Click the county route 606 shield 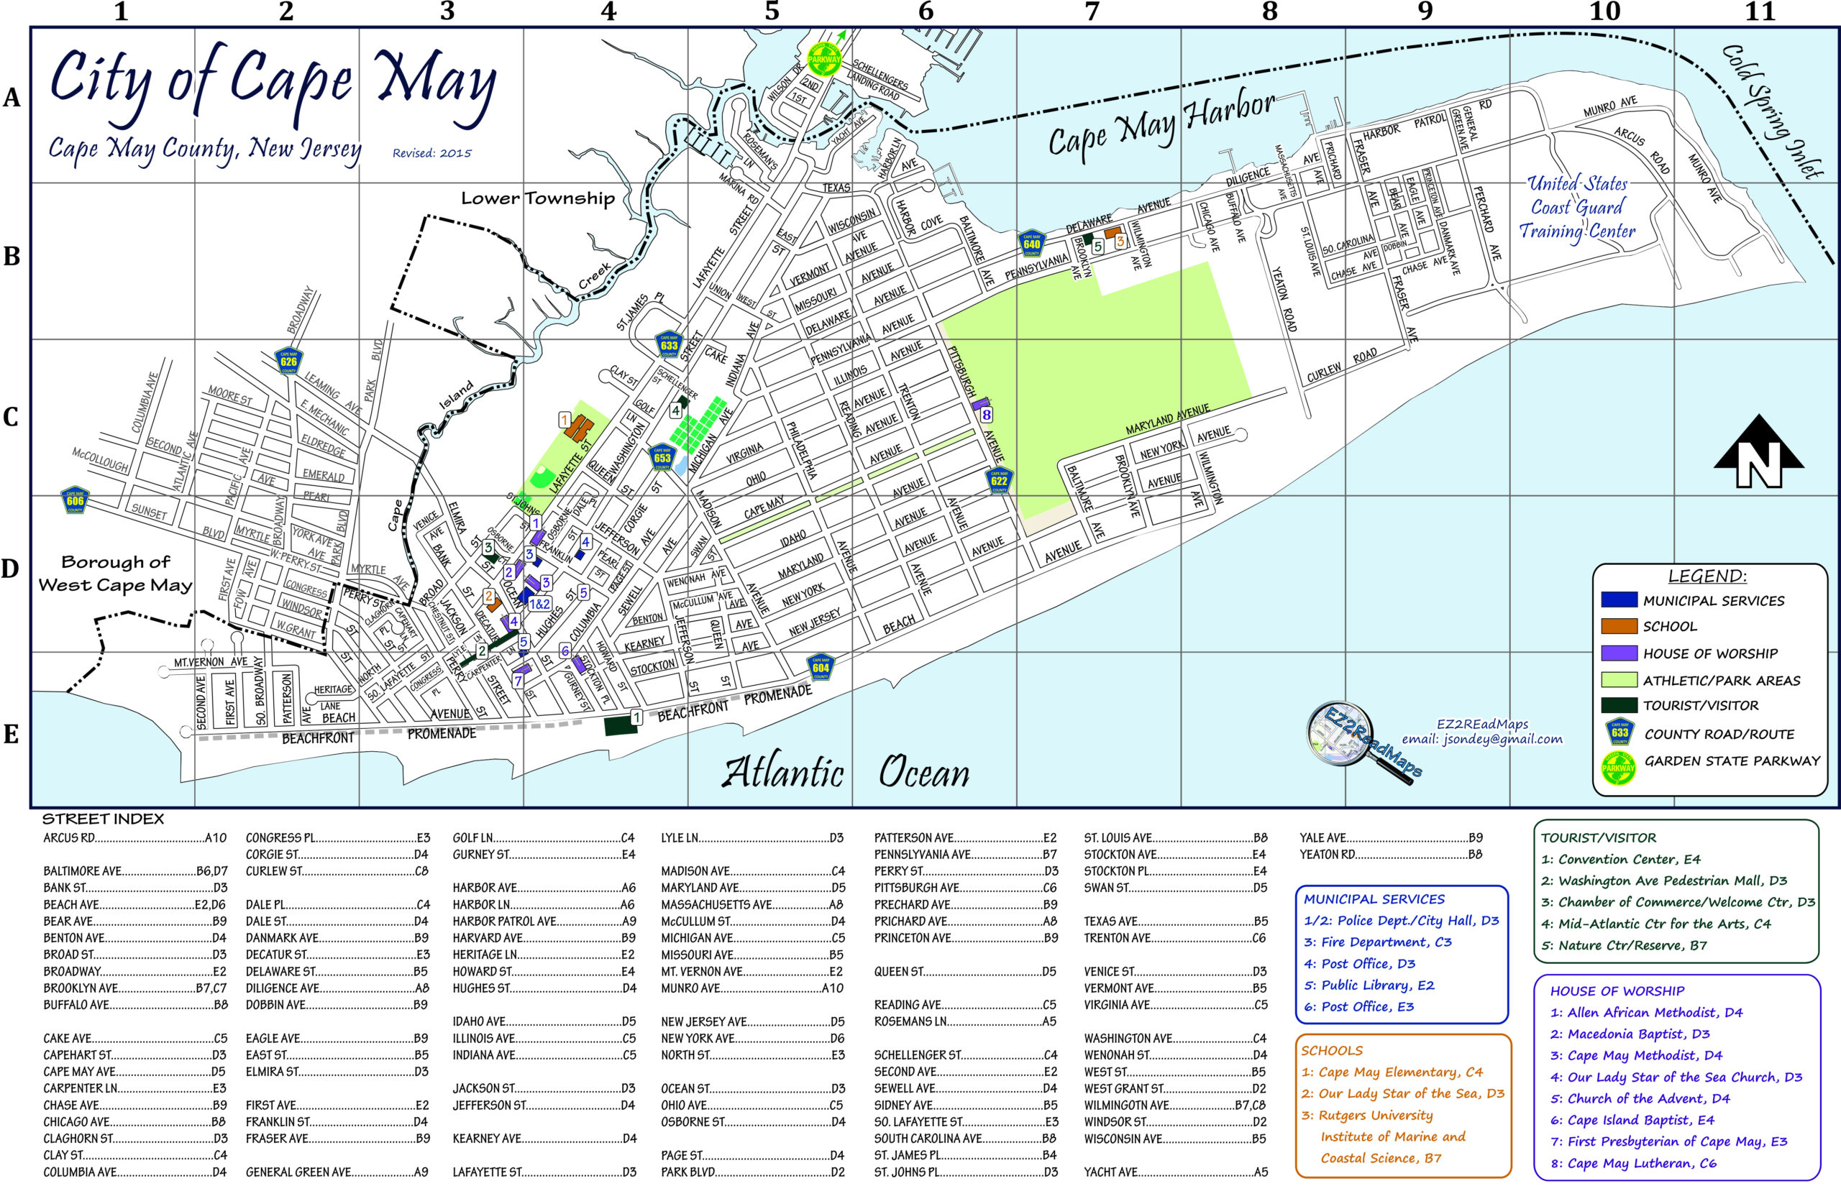(x=75, y=500)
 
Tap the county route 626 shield (x=289, y=360)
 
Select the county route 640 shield (x=1031, y=244)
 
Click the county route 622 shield (x=999, y=480)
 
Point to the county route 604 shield (x=821, y=667)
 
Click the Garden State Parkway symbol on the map (x=823, y=59)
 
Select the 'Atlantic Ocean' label (x=845, y=772)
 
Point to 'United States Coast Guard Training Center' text (x=1578, y=207)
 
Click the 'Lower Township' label (x=538, y=198)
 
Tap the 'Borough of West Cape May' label (x=116, y=574)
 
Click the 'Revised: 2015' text (x=431, y=153)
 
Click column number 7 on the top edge (x=1092, y=12)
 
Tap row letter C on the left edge (x=11, y=417)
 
